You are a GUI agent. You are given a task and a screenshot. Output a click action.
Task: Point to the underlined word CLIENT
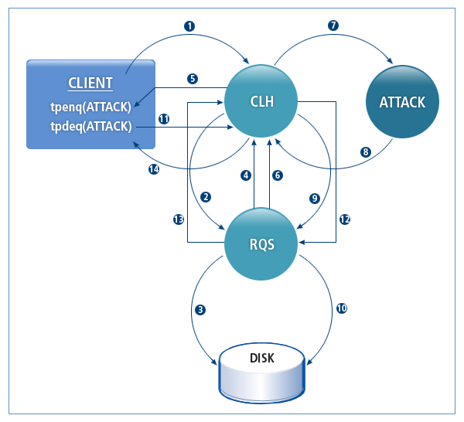point(90,83)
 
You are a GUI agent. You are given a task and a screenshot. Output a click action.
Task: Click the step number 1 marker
point(189,26)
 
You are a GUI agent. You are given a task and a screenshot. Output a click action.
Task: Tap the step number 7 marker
point(333,26)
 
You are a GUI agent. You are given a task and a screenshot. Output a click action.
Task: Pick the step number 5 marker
point(193,78)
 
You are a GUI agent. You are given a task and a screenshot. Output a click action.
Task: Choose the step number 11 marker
point(164,119)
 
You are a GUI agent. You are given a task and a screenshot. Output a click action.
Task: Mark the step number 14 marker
point(155,170)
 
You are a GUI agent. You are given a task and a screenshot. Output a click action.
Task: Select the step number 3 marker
point(200,310)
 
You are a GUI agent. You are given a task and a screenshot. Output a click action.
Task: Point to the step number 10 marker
point(342,308)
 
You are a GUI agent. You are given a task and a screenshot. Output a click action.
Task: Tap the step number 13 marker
point(178,220)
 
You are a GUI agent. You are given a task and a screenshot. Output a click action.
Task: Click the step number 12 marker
point(345,220)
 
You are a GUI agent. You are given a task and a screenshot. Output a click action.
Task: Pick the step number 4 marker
point(247,175)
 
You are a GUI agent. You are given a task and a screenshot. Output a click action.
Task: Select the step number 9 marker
point(314,198)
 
